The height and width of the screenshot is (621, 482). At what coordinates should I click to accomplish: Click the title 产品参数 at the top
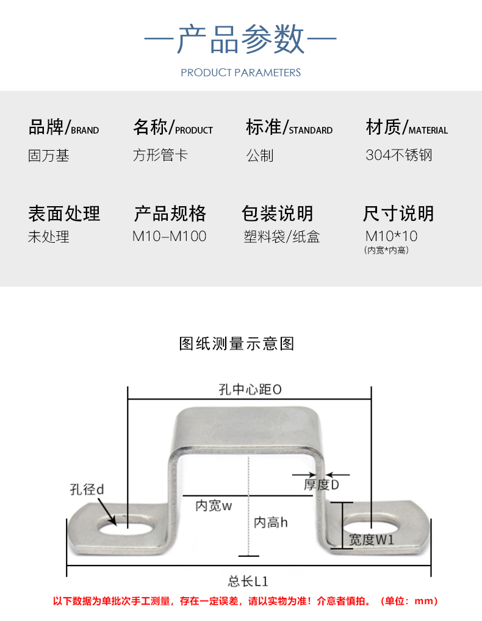click(x=240, y=40)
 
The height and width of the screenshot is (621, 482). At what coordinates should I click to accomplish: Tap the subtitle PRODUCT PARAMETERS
click(x=240, y=73)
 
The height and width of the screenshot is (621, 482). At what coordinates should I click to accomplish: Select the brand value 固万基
click(x=49, y=156)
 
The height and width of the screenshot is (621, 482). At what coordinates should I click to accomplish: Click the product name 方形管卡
click(x=160, y=155)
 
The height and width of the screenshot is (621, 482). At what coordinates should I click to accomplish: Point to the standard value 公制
click(x=260, y=156)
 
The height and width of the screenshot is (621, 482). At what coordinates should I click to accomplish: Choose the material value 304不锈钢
click(x=399, y=155)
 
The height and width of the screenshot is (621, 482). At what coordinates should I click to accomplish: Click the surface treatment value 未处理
click(x=49, y=237)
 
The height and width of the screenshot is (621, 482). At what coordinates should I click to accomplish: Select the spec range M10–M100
click(x=170, y=237)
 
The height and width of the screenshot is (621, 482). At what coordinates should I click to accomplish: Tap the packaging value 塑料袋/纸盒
click(x=281, y=237)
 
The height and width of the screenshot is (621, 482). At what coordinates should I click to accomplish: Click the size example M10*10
click(x=391, y=236)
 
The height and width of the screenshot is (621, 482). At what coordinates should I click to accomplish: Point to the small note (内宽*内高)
click(x=386, y=251)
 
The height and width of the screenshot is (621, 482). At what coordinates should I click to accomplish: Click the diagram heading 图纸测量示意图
click(x=237, y=343)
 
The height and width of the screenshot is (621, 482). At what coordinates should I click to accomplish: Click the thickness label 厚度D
click(x=321, y=485)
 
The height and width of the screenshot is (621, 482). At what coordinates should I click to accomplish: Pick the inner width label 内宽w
click(x=214, y=506)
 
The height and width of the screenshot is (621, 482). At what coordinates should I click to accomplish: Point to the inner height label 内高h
click(x=270, y=522)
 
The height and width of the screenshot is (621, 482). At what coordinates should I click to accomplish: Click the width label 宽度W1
click(x=371, y=539)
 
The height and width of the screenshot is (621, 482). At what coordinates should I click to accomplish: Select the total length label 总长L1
click(x=248, y=581)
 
